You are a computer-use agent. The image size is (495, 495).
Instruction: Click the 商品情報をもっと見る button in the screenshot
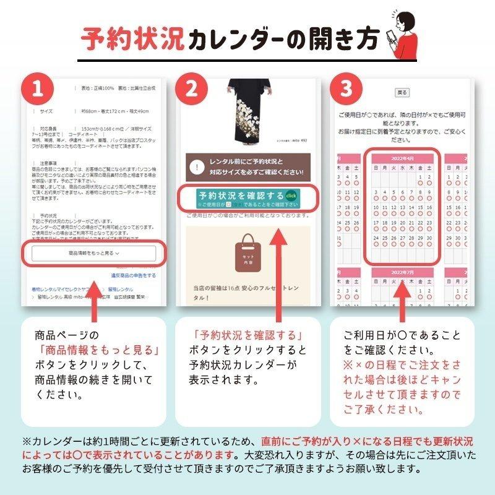94,253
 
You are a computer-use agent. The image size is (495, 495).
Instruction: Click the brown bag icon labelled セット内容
248,254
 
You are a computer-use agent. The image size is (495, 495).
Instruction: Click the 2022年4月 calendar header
402,159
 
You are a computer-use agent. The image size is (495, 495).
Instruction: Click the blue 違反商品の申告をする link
133,275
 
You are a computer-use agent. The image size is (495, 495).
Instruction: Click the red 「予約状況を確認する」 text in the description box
247,336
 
